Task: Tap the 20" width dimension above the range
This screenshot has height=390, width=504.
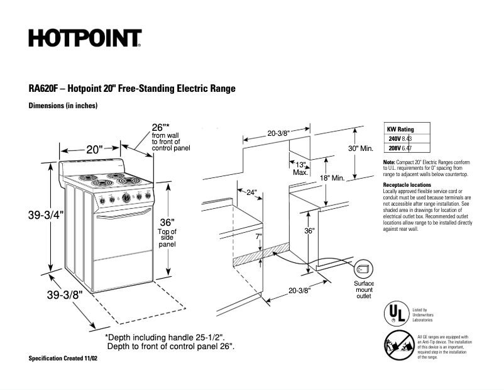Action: (x=94, y=150)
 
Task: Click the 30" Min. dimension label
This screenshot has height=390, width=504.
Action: (x=361, y=148)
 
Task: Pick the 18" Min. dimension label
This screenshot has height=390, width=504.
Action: (x=332, y=178)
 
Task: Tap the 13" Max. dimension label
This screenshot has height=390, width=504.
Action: (x=300, y=168)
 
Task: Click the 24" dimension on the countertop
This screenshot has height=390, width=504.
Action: (x=251, y=192)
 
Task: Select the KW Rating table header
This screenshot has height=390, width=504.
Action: (x=400, y=129)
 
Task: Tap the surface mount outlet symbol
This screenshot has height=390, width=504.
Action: (x=362, y=269)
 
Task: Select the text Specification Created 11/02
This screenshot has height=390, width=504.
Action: (x=63, y=358)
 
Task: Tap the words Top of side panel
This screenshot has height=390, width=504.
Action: (x=167, y=238)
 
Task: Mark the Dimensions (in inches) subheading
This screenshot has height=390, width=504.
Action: (x=63, y=106)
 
